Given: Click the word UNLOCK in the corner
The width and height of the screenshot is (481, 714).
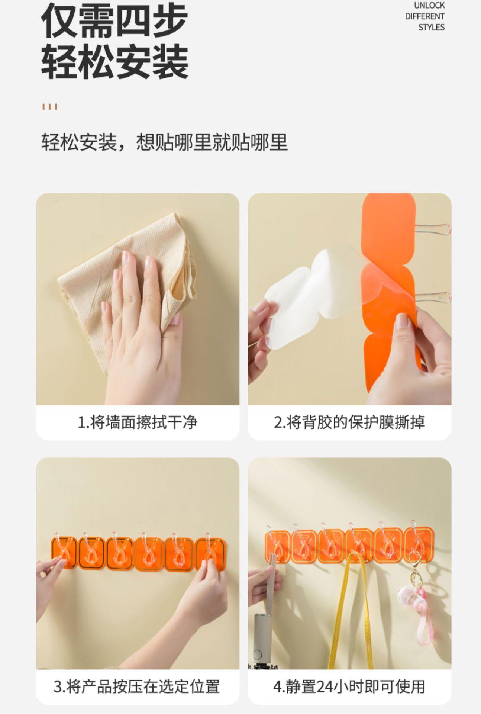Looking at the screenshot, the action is (429, 6).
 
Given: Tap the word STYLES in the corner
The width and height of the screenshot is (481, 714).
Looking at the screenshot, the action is (431, 27).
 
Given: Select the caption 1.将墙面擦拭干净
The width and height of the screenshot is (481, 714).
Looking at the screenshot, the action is (138, 422).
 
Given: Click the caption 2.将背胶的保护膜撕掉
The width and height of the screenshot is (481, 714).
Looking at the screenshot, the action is (349, 422).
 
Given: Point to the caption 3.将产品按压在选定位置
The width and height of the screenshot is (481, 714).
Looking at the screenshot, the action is (137, 686).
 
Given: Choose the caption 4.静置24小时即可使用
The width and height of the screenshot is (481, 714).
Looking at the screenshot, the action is (349, 686).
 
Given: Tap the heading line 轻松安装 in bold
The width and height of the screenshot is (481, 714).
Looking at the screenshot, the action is (114, 61).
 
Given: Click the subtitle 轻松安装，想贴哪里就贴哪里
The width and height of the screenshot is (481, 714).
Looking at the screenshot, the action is (164, 142).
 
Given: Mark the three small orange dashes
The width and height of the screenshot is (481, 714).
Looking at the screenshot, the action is (49, 107).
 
